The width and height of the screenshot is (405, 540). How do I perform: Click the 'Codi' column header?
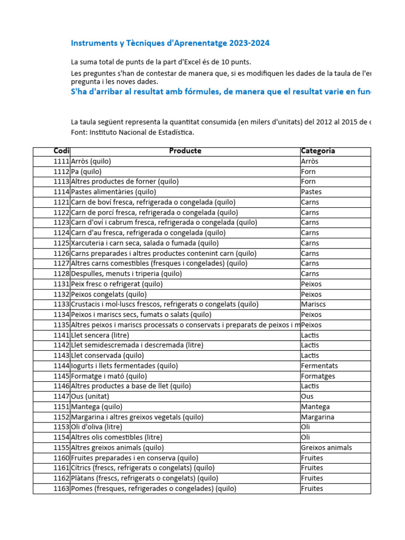tap(61, 151)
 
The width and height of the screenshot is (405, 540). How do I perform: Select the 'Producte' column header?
tap(185, 151)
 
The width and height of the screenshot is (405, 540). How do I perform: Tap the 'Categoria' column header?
tap(317, 151)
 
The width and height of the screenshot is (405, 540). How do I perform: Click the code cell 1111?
tap(61, 161)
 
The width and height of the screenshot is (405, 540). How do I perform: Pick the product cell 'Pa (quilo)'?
tap(86, 171)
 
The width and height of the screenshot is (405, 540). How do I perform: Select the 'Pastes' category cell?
tap(311, 192)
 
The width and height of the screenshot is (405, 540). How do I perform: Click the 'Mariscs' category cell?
tap(313, 304)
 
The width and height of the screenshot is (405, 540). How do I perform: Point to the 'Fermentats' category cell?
tap(320, 365)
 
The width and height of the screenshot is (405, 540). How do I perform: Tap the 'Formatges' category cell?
tap(318, 376)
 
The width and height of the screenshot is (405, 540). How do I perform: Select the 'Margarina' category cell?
tap(318, 417)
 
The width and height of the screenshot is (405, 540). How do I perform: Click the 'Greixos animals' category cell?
tap(326, 448)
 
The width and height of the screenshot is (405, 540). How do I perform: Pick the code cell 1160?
tap(61, 458)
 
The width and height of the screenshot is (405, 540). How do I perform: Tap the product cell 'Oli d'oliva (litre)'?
tap(97, 427)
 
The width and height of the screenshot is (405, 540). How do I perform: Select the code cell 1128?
tap(61, 274)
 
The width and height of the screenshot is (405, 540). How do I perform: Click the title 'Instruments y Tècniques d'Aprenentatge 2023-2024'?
tap(170, 43)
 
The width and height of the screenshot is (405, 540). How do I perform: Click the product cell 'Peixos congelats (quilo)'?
tap(109, 294)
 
